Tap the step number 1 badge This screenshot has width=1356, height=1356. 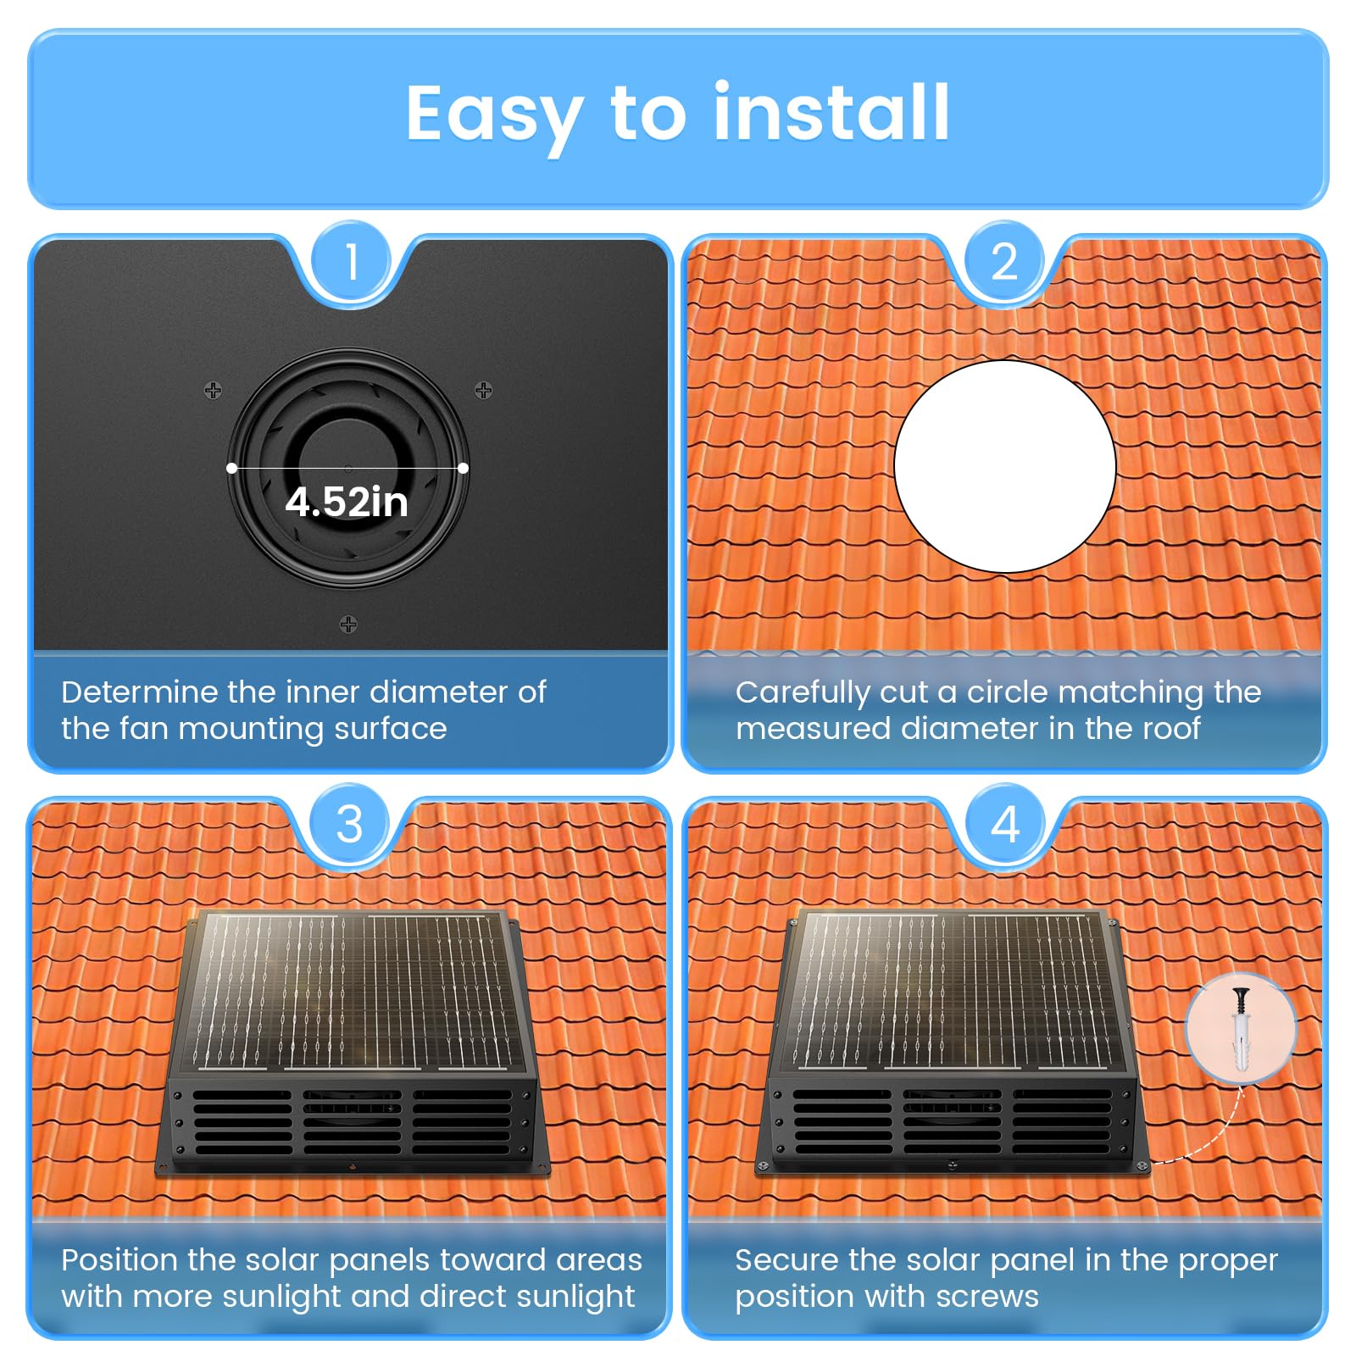click(352, 261)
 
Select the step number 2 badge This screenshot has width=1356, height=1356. click(1004, 261)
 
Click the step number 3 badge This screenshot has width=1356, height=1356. click(350, 824)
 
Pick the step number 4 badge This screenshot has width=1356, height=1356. click(1005, 824)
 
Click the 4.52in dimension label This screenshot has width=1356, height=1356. click(347, 502)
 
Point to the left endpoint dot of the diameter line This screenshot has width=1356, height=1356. click(231, 468)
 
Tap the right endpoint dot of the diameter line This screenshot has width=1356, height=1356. click(463, 468)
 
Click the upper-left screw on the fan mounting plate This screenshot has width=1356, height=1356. click(214, 390)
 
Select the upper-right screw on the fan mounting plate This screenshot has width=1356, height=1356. click(483, 390)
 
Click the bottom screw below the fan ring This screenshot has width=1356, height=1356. click(348, 625)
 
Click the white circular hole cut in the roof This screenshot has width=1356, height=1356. click(1005, 466)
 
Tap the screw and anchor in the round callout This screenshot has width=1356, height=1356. click(1241, 1028)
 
